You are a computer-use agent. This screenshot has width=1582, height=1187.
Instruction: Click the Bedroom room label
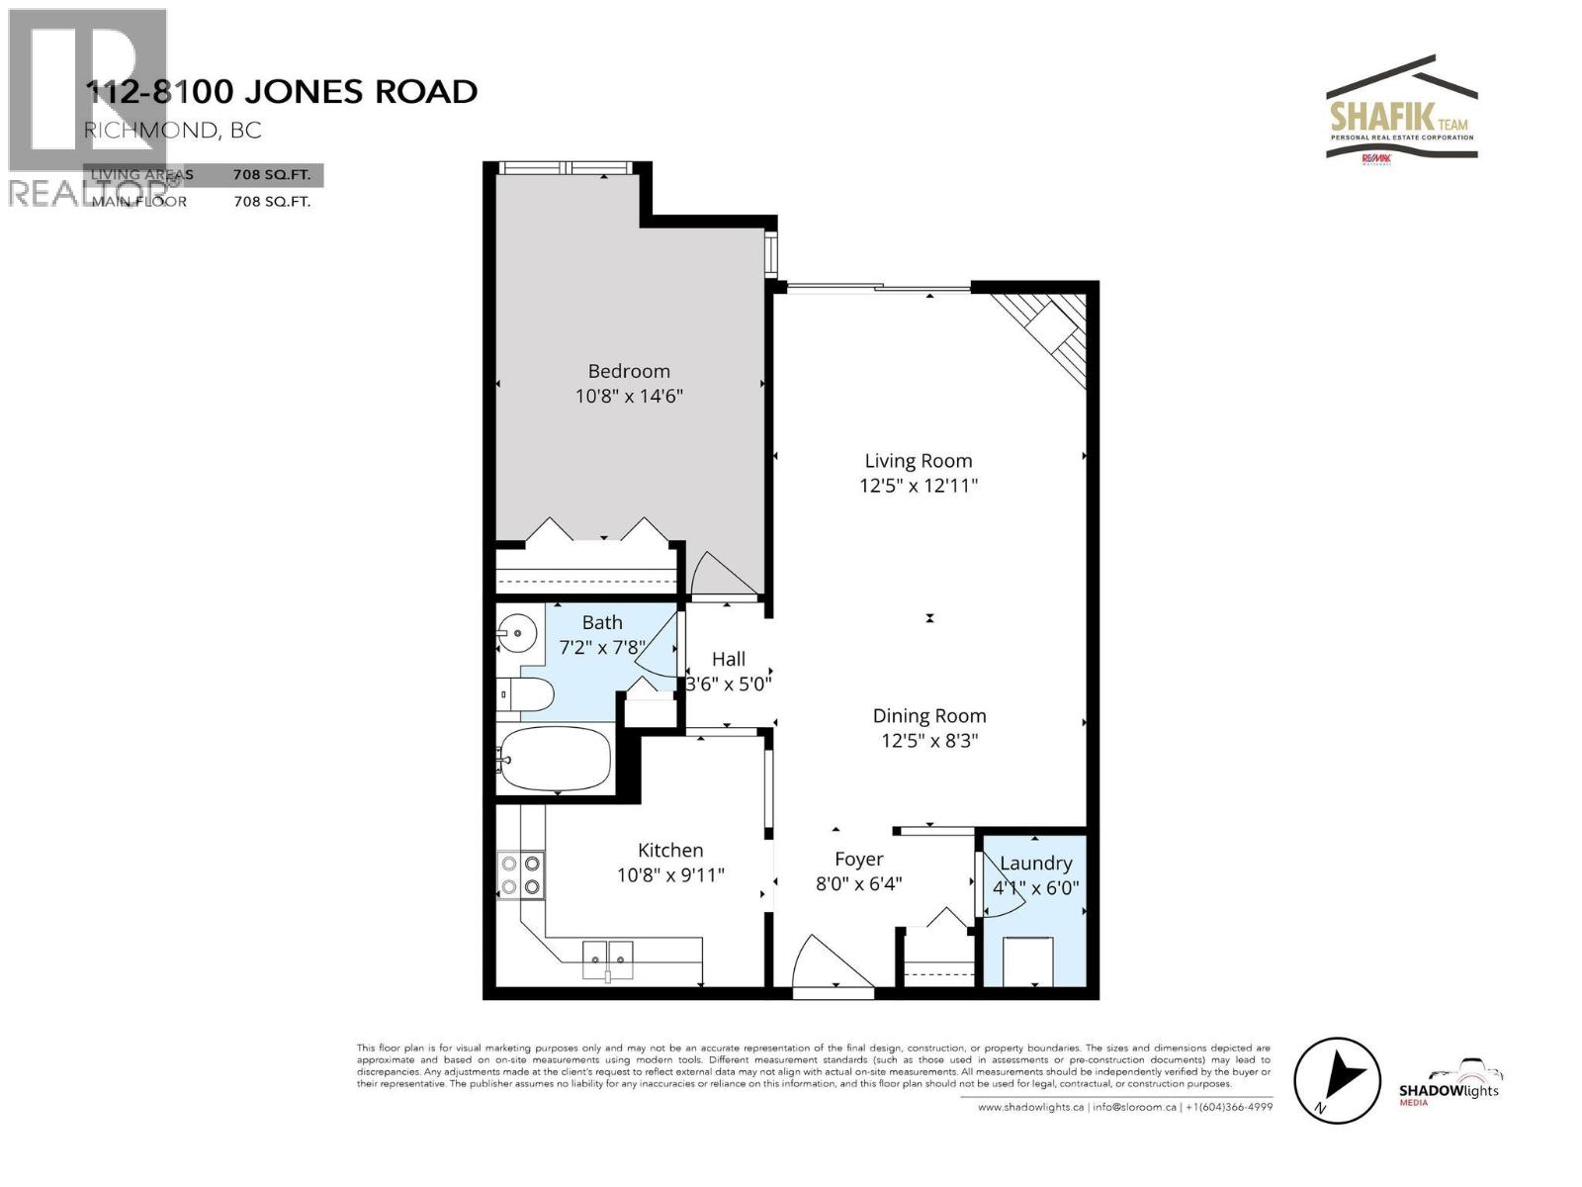629,371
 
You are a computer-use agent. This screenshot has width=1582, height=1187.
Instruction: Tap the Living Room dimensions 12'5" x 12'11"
919,486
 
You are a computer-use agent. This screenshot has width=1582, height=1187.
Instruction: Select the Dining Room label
928,715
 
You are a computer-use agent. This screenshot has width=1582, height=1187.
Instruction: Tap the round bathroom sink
517,629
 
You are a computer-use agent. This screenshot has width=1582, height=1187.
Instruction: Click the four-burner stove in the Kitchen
520,874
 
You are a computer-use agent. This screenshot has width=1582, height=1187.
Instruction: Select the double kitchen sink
607,954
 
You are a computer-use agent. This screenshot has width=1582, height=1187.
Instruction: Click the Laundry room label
1035,863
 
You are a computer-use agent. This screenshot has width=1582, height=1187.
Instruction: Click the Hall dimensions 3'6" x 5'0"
729,684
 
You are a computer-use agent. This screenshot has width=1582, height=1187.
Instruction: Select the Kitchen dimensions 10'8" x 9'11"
670,875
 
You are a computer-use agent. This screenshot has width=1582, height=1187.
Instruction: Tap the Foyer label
858,859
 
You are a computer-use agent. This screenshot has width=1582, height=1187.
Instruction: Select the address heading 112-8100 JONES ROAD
282,92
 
